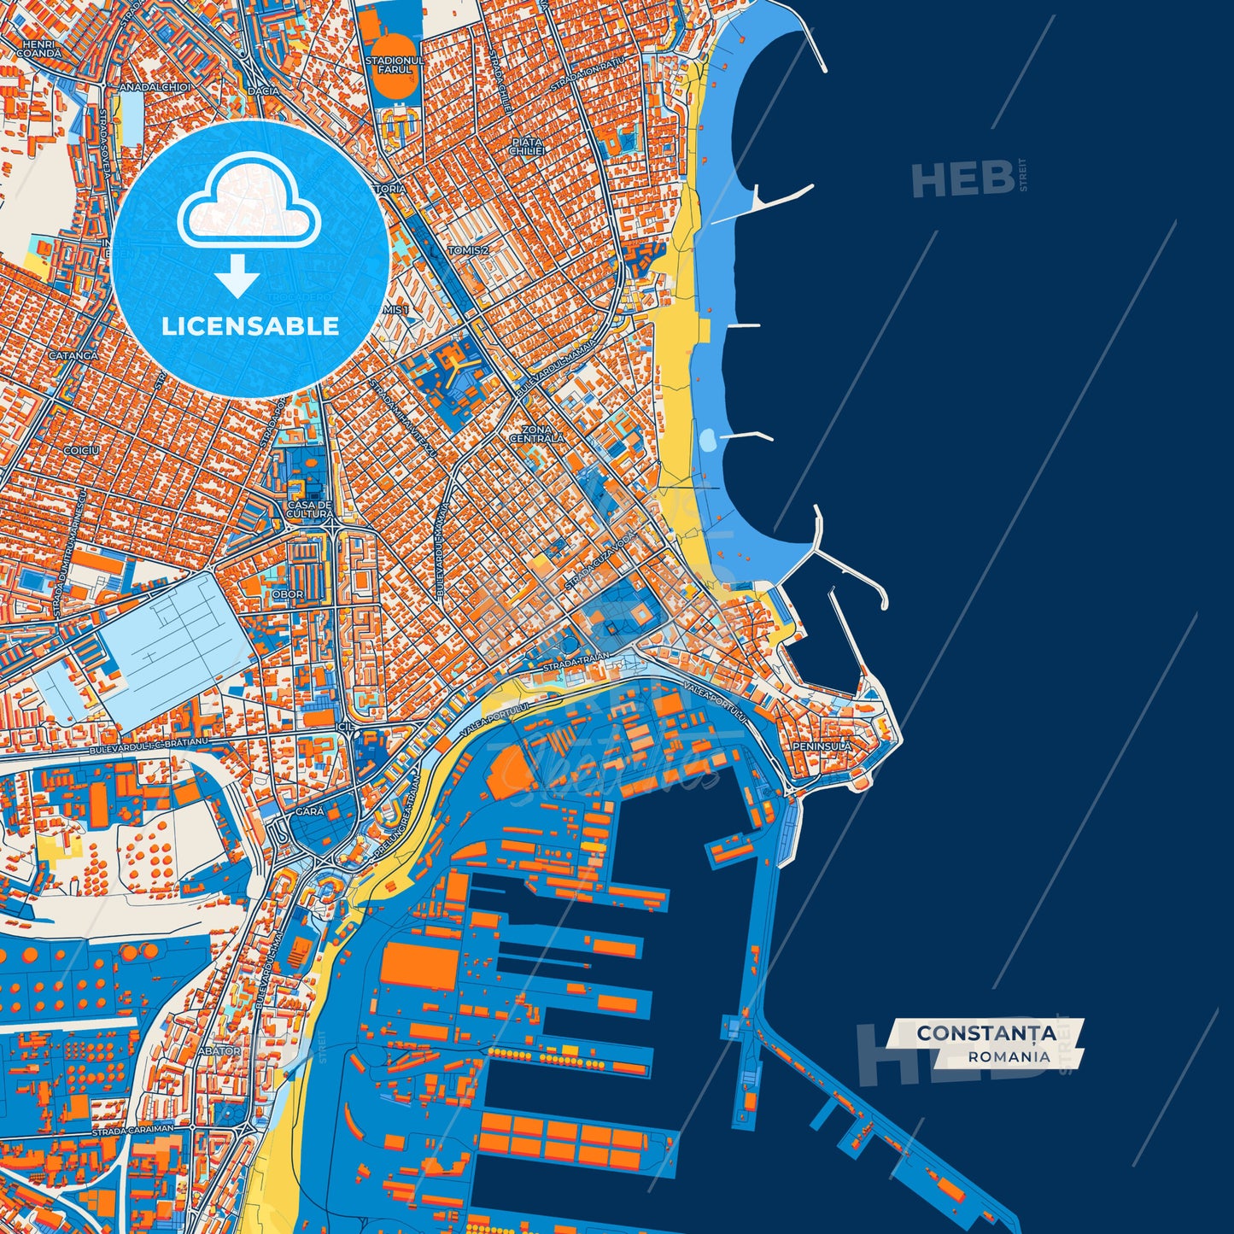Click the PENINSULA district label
click(x=822, y=746)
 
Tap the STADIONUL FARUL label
click(x=395, y=65)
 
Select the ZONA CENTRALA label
click(x=536, y=434)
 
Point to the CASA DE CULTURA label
click(x=309, y=510)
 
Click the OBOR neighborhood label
click(x=288, y=594)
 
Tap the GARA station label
click(x=309, y=811)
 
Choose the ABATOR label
click(x=219, y=1051)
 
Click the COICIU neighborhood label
click(x=81, y=449)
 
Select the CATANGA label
click(x=73, y=355)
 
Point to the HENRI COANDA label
click(x=38, y=49)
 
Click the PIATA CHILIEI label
click(x=527, y=145)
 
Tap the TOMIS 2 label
click(x=468, y=251)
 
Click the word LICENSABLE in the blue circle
click(x=250, y=326)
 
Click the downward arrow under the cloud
click(x=237, y=275)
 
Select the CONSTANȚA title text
click(x=986, y=1033)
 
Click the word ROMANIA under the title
click(x=1009, y=1056)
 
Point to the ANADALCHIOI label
click(x=155, y=87)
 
